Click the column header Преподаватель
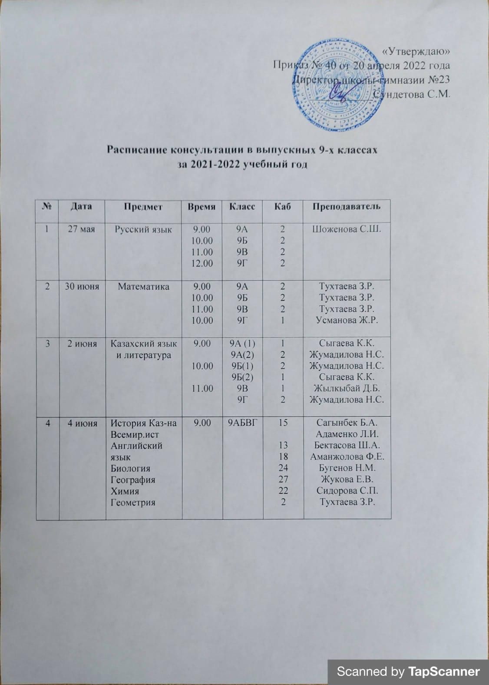[347, 206]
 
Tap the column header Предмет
[143, 206]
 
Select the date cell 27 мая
[81, 229]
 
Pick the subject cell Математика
[144, 286]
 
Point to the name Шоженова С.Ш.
[347, 229]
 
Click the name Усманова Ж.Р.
[347, 320]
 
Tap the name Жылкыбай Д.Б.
[347, 388]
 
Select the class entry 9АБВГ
[242, 422]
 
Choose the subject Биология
[131, 468]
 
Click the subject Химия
[125, 491]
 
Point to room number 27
[283, 480]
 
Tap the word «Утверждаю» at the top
[415, 52]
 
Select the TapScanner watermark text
[409, 672]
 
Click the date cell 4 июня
[82, 422]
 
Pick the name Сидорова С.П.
[347, 491]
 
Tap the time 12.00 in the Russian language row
[202, 263]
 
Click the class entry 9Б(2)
[242, 377]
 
